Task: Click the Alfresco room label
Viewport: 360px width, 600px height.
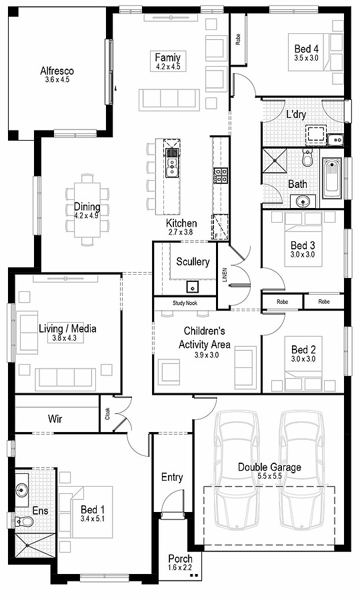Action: [x=57, y=71]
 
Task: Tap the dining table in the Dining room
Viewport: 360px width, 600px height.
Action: [x=87, y=209]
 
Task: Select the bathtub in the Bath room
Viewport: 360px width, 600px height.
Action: [x=331, y=178]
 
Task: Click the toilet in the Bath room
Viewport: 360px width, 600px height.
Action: [x=307, y=157]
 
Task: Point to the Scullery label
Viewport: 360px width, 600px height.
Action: [x=193, y=262]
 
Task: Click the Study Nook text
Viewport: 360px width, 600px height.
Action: [x=185, y=303]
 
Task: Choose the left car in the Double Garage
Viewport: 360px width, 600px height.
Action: [x=237, y=467]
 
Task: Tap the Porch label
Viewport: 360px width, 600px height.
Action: [x=180, y=559]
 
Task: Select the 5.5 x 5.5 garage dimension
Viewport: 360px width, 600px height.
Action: [x=269, y=477]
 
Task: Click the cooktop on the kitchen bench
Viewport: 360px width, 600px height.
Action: [x=221, y=175]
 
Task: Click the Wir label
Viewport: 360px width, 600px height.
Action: [x=55, y=419]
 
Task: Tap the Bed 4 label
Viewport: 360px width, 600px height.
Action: [x=307, y=49]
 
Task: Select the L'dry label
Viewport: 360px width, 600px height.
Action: [x=297, y=114]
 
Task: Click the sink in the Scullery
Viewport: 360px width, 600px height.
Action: [x=193, y=287]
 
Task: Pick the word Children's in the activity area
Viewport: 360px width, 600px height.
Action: [x=205, y=331]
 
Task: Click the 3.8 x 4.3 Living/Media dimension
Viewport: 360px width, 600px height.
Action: [x=67, y=339]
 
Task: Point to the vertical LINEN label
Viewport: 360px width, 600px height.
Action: [x=225, y=275]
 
